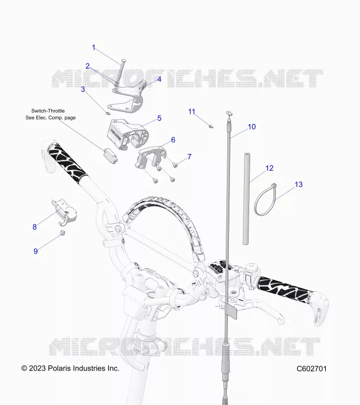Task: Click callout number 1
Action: coord(94,48)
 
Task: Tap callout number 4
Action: coord(159,79)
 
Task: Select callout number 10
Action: coord(252,127)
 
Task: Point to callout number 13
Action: coord(299,184)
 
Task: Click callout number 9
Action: coord(35,251)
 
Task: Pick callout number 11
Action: coord(191,111)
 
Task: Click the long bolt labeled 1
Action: coord(121,70)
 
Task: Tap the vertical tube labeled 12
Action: coord(247,198)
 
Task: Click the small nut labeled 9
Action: coord(62,232)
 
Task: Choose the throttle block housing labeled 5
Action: coord(127,134)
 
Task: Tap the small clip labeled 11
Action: coord(211,126)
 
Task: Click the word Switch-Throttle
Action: coord(48,111)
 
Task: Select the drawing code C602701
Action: coord(311,369)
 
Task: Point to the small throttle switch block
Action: coord(110,156)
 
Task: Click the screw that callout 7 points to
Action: coord(175,165)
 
